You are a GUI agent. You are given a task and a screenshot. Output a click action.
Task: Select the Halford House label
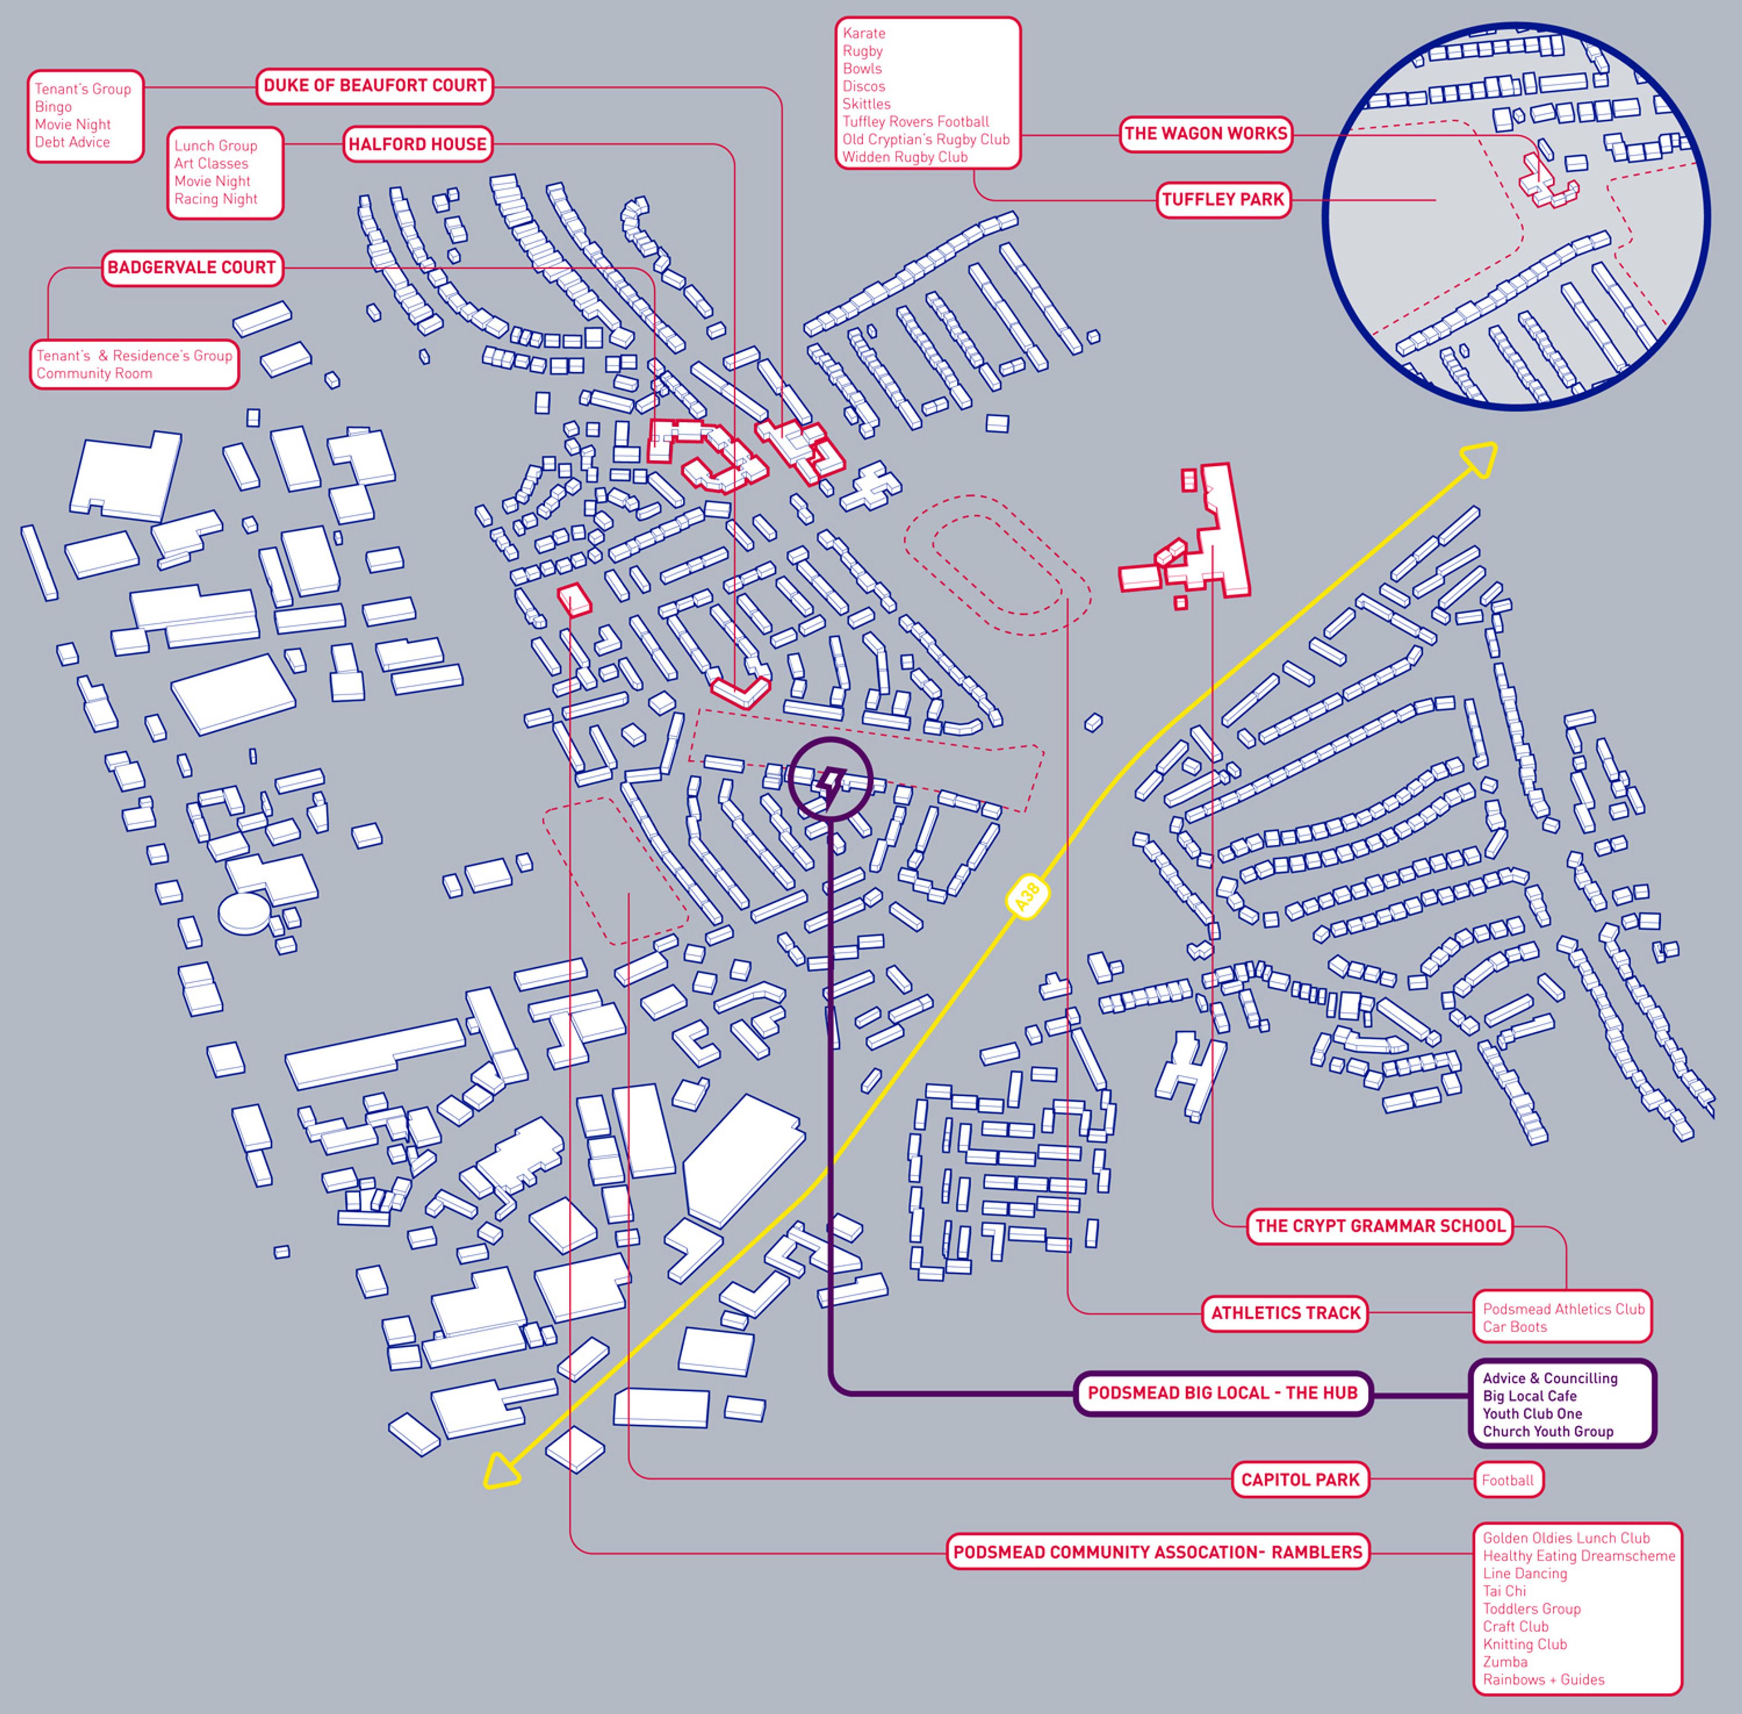[417, 144]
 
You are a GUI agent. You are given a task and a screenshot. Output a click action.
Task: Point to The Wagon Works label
[1206, 134]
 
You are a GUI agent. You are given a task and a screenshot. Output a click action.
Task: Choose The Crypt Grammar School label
[1380, 1226]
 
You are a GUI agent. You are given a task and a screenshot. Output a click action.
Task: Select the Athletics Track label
[1285, 1313]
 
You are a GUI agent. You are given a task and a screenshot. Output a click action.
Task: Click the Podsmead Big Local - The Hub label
[1222, 1394]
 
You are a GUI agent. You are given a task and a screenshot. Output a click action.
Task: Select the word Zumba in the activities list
[1504, 1662]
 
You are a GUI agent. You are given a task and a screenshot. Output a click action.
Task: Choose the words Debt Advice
[72, 142]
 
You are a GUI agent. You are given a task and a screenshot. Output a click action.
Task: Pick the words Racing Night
[216, 199]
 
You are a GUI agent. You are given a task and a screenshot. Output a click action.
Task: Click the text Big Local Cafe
[1530, 1396]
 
